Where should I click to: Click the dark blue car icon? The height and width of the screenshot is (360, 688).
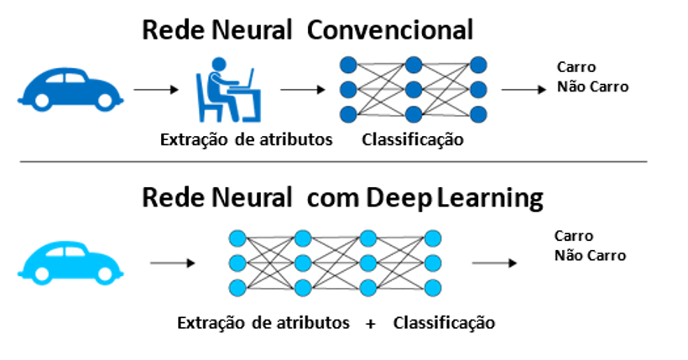[70, 89]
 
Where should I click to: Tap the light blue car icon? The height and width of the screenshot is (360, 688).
[70, 263]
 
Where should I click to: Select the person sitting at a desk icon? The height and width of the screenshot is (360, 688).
[228, 90]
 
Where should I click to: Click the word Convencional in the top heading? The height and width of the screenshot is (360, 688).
[390, 31]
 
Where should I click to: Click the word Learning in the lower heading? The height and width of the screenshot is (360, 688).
[490, 198]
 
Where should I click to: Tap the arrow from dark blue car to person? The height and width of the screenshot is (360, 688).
[156, 90]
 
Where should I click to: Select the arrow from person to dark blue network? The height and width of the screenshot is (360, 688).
[303, 90]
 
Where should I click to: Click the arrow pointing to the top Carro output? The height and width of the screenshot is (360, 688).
[524, 90]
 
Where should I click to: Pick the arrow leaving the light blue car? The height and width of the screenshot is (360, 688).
[173, 263]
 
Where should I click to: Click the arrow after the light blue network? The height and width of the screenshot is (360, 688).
[494, 263]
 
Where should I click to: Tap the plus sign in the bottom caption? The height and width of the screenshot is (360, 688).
[371, 324]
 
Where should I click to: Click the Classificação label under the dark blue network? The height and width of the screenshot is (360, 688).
[413, 140]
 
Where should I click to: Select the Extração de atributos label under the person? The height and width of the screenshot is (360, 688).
[246, 140]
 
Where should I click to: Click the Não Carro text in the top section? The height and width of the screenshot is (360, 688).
[593, 87]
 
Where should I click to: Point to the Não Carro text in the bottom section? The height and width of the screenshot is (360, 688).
[590, 255]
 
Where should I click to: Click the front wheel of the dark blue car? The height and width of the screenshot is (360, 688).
[106, 101]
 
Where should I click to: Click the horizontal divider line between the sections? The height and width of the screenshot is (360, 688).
[333, 162]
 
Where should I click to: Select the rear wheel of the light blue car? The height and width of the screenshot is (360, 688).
[42, 274]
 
